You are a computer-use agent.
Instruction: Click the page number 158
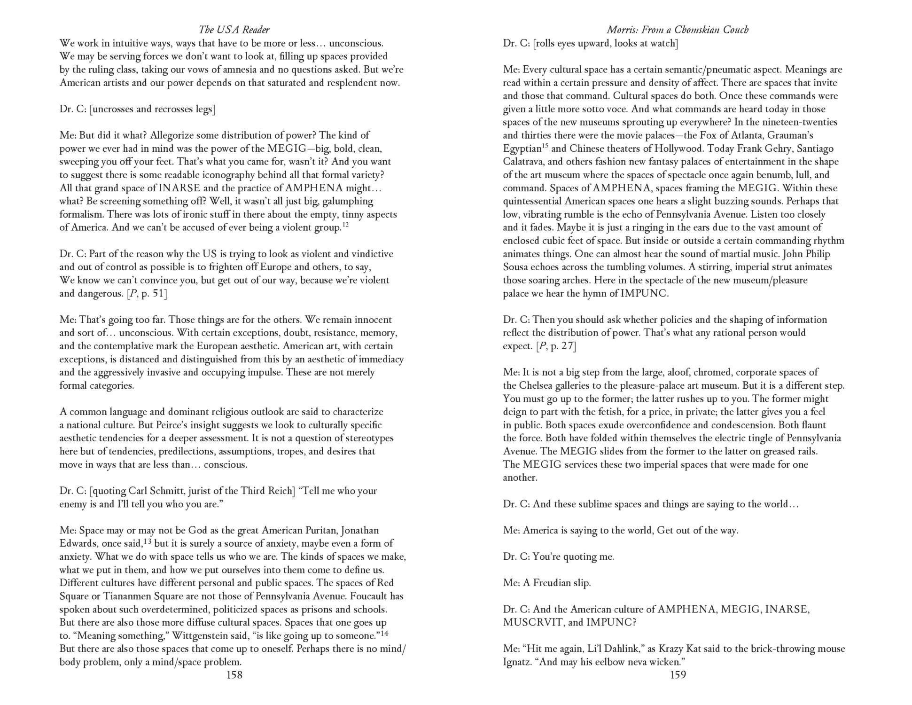(234, 675)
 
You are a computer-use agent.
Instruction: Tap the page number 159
(678, 675)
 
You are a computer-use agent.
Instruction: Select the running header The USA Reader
(234, 30)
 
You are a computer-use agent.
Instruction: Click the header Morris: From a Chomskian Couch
(678, 30)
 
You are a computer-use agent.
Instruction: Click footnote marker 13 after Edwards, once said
(147, 541)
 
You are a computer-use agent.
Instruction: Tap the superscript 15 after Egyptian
(545, 146)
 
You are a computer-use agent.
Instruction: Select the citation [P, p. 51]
(146, 294)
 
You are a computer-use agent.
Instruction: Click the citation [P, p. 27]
(556, 346)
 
